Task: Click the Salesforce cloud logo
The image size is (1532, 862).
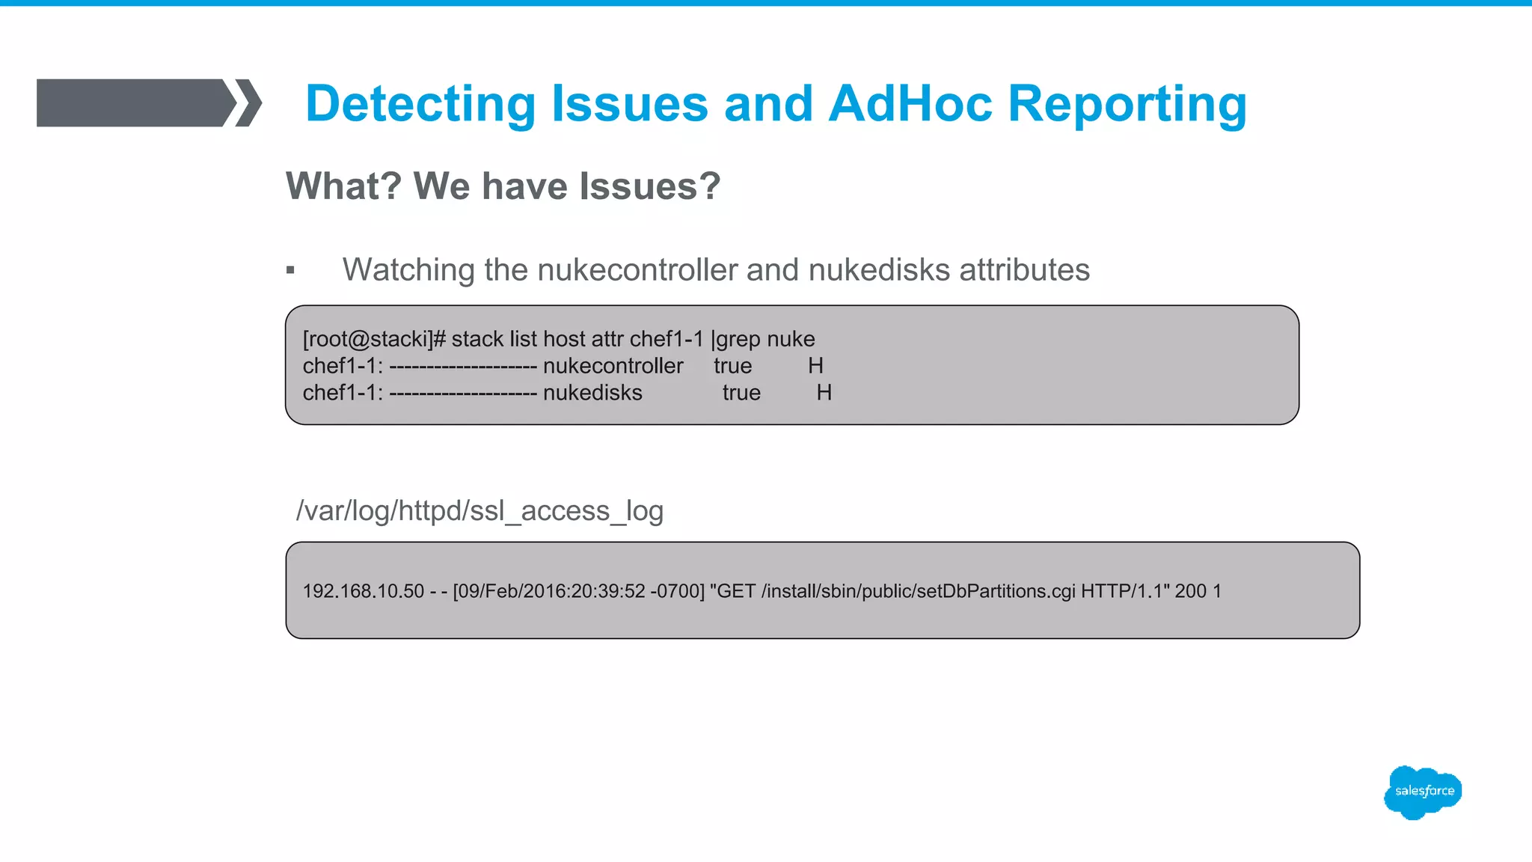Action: [x=1423, y=792]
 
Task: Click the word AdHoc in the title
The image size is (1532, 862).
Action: [x=910, y=103]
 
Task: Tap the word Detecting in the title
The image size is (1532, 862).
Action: [x=420, y=103]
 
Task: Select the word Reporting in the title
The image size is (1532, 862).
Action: [x=1127, y=103]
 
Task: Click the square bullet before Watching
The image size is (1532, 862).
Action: [x=290, y=271]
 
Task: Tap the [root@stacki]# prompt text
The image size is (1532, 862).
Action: [x=374, y=339]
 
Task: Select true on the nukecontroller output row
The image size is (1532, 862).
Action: [x=732, y=366]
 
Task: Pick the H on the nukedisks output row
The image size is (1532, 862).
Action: [x=824, y=393]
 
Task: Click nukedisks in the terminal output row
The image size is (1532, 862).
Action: [x=592, y=393]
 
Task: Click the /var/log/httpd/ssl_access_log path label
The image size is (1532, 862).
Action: [x=479, y=511]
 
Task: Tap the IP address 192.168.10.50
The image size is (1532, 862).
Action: [x=363, y=591]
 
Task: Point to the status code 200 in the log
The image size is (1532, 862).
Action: [x=1190, y=591]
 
